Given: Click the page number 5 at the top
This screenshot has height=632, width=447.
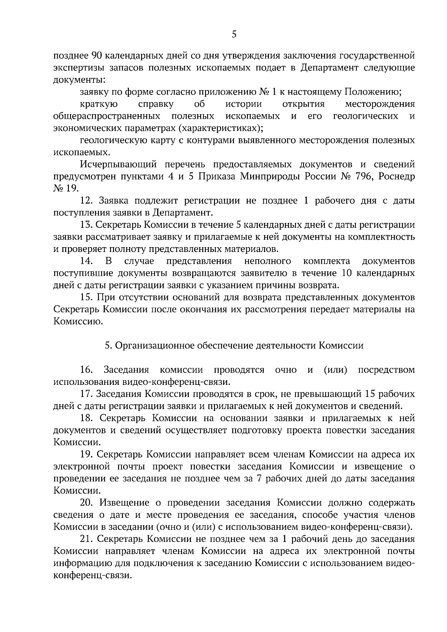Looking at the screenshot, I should (234, 35).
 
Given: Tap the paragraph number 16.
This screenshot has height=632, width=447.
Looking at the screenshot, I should (86, 370).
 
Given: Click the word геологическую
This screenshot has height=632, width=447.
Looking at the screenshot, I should (111, 140).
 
